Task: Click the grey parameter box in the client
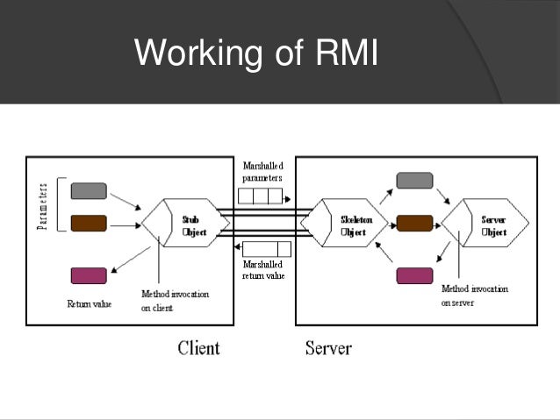click(x=88, y=190)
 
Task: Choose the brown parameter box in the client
click(x=88, y=223)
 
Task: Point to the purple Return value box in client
click(x=88, y=275)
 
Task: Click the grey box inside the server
click(x=414, y=181)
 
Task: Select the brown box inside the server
click(x=414, y=223)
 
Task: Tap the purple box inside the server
click(x=414, y=275)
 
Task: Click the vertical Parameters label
click(x=41, y=205)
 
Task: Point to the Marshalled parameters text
click(x=262, y=172)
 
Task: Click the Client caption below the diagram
click(x=198, y=348)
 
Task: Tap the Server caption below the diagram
click(x=328, y=348)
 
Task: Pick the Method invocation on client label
click(x=175, y=301)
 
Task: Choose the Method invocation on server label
click(x=474, y=295)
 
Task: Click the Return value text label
click(x=87, y=304)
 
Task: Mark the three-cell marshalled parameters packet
click(x=262, y=195)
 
